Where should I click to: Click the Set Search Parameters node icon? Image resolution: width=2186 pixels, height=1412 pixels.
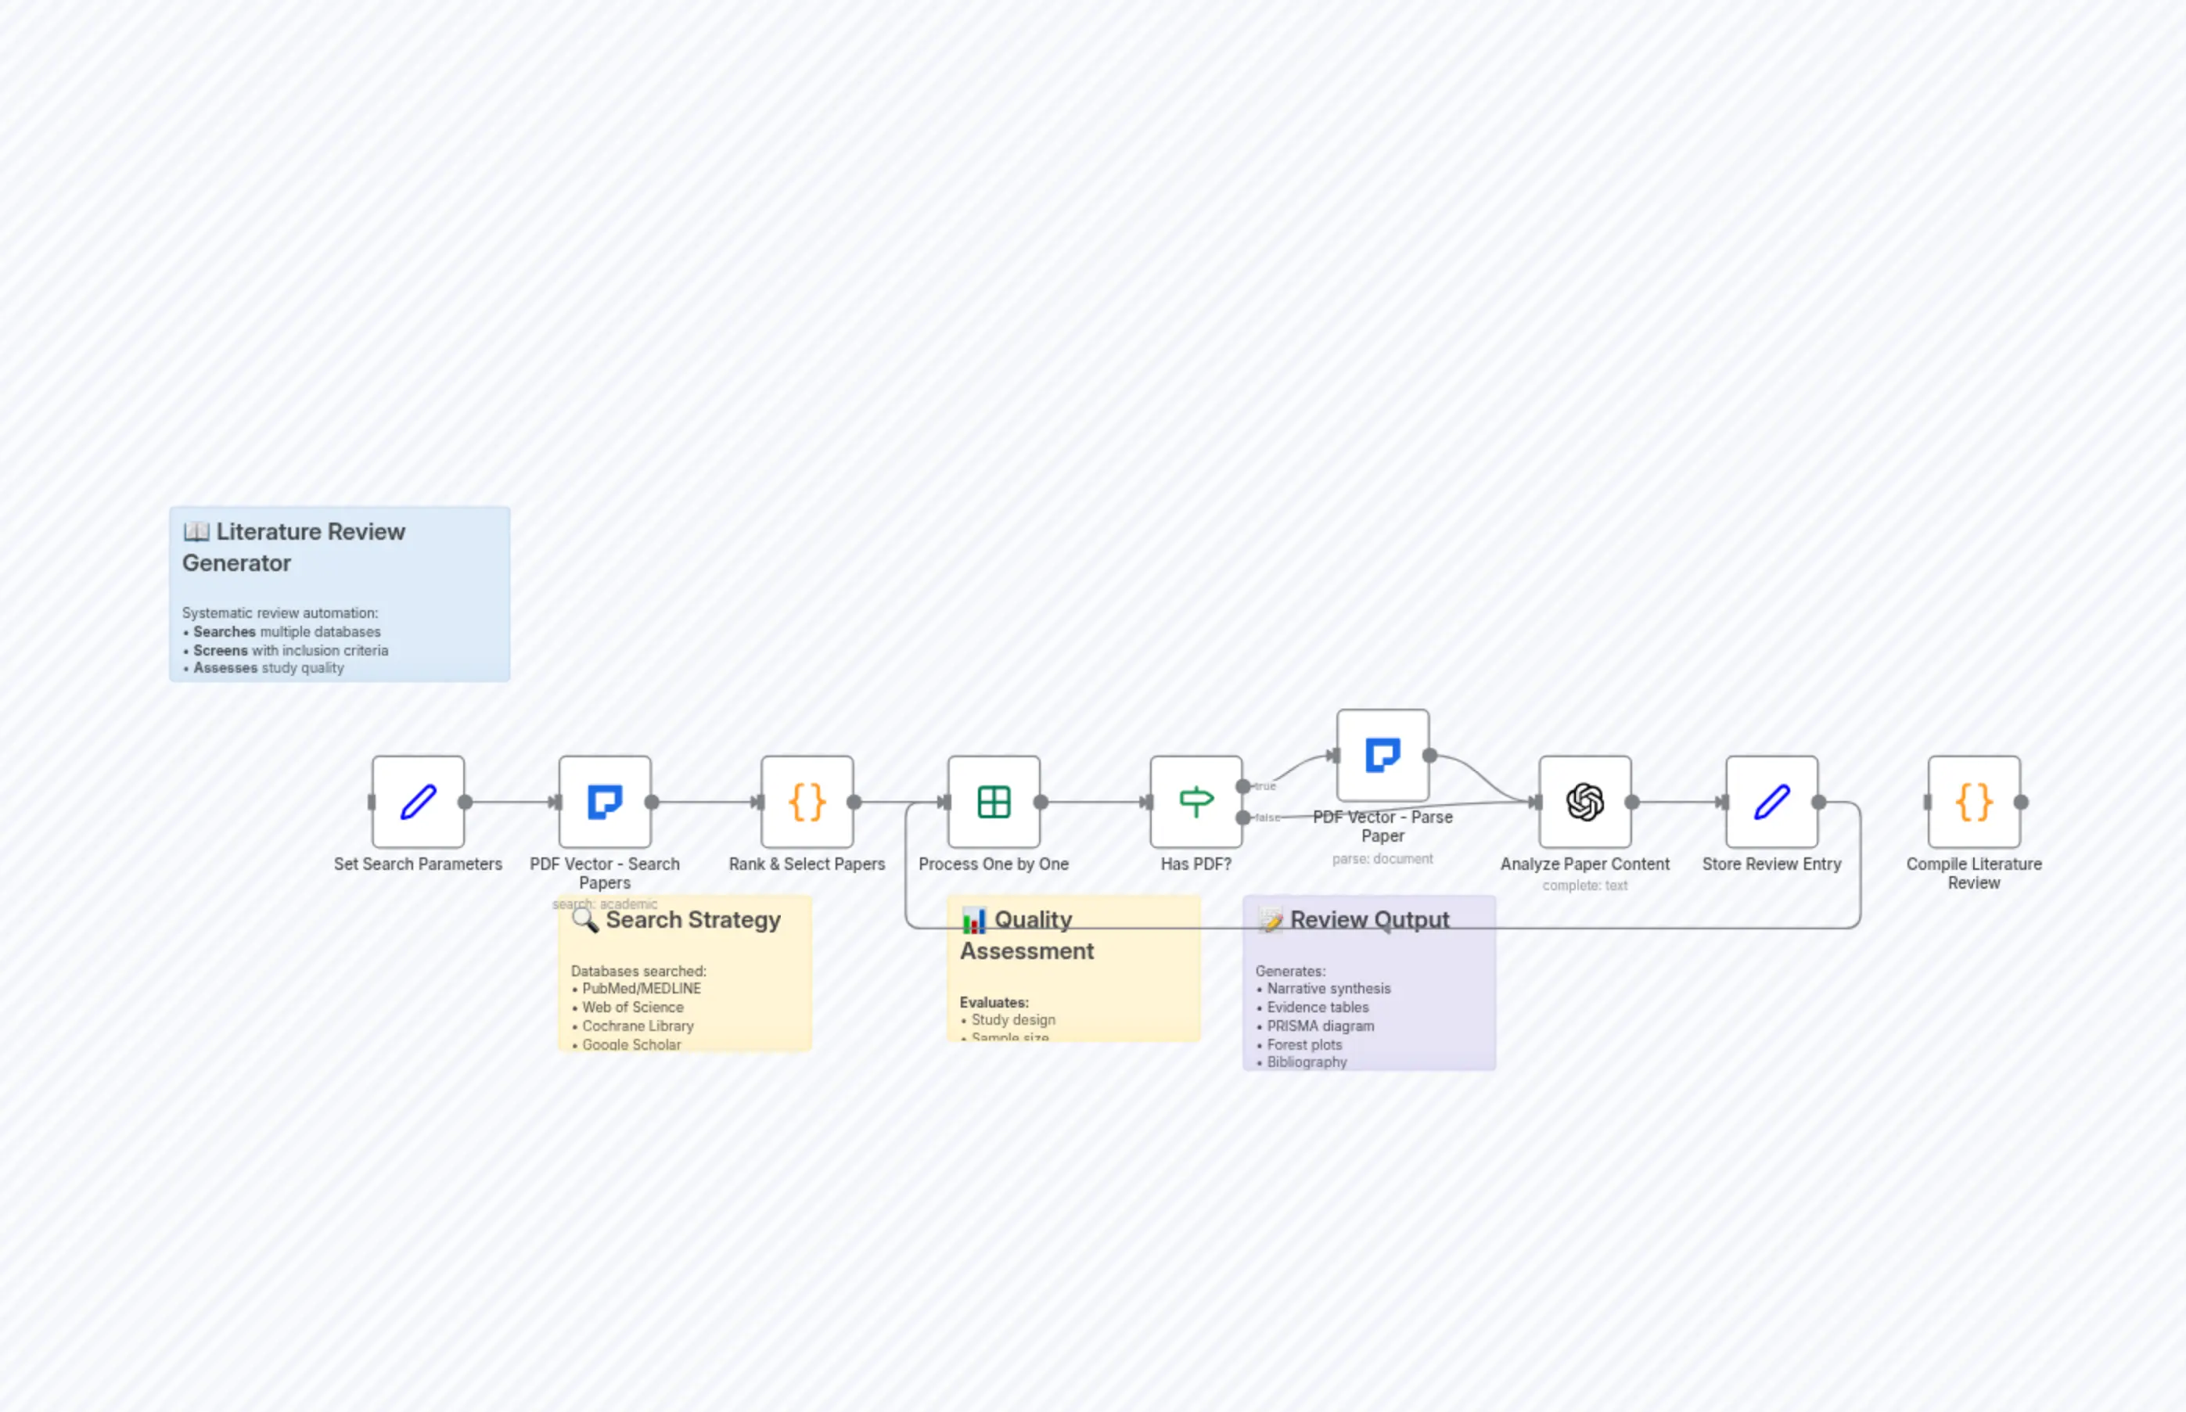418,803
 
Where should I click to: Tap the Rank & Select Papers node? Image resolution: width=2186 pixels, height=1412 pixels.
807,803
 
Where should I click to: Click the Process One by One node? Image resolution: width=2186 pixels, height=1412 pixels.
994,803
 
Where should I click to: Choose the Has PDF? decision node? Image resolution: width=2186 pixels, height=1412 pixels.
1195,803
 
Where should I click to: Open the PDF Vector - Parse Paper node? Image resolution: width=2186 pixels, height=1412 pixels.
1382,756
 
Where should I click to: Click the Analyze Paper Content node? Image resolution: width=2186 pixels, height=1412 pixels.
1584,803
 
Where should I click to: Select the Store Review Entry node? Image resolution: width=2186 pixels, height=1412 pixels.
1771,803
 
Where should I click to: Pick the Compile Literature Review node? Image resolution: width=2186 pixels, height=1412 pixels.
1973,803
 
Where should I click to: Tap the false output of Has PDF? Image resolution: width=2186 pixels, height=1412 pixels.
1243,817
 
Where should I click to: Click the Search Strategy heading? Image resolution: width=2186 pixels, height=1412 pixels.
692,920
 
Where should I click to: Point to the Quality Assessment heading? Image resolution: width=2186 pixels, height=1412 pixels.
1027,936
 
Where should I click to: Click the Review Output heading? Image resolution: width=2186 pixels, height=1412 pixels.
1369,920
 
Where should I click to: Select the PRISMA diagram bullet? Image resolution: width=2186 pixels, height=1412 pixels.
1321,1026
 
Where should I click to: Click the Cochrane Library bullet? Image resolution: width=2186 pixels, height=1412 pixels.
638,1026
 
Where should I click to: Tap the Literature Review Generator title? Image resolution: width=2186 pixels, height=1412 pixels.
293,548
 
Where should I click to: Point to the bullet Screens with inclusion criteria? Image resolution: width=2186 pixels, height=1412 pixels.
291,650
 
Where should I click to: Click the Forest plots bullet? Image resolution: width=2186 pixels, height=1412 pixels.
1304,1044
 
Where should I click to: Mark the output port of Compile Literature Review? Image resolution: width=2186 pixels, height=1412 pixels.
2021,803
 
